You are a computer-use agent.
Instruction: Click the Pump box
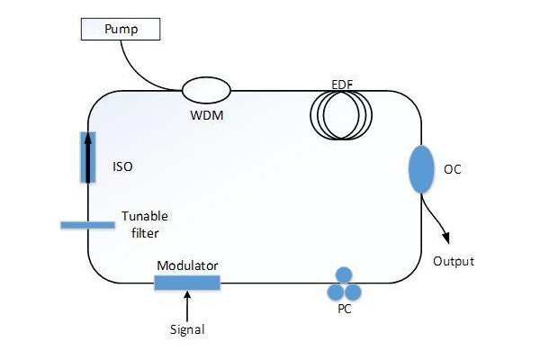[x=120, y=30]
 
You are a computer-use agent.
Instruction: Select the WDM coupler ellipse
[x=207, y=89]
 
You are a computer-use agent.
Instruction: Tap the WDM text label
[x=207, y=115]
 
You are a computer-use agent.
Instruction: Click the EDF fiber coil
[x=342, y=114]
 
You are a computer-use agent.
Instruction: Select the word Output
[x=453, y=262]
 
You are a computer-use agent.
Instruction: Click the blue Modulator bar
[x=187, y=283]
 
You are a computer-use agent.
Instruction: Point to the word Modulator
[x=187, y=265]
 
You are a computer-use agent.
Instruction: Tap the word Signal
[x=187, y=328]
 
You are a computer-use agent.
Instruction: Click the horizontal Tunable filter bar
[x=87, y=224]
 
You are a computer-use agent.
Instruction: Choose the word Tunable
[x=145, y=216]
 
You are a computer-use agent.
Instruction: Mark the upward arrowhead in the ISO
[x=88, y=138]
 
